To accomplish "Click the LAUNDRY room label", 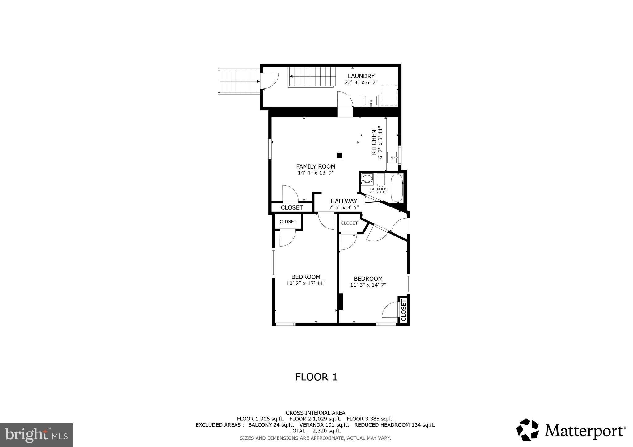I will point(361,76).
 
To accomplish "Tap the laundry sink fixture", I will point(370,101).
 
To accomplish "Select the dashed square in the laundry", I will point(389,95).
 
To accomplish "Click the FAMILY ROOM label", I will point(316,166).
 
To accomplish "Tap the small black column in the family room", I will point(340,155).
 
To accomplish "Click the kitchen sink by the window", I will point(392,158).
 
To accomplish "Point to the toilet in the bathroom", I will point(381,180).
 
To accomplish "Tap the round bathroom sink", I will point(367,179).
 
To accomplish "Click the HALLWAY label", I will point(344,201).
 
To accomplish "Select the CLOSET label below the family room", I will point(291,208).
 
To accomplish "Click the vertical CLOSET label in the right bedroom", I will point(403,310).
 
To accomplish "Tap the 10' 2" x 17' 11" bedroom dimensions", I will point(306,283).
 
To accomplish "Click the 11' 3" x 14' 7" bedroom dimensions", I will point(368,285).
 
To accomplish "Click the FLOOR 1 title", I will point(316,377).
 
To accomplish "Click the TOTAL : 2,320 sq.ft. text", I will point(315,431).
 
